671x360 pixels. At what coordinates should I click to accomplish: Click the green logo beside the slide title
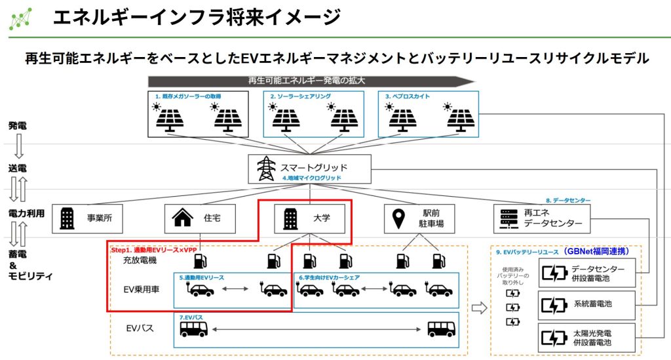pos(20,20)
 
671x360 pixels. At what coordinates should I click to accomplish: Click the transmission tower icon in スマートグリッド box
pos(265,169)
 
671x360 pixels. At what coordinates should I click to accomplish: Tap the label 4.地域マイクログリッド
pos(312,178)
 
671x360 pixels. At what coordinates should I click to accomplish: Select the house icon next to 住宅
pos(182,218)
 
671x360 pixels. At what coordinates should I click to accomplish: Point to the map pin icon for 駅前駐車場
pos(398,218)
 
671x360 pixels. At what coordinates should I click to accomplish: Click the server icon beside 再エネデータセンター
pos(507,218)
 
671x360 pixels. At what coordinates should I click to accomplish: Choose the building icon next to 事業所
pos(67,218)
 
